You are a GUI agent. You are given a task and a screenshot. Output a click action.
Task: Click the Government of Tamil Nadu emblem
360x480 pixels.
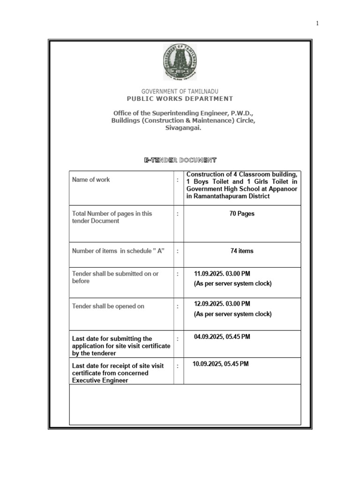click(x=180, y=62)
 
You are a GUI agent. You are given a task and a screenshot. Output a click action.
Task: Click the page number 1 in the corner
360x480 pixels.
click(x=317, y=23)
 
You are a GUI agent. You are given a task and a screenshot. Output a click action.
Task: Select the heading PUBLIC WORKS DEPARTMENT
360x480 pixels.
click(x=180, y=98)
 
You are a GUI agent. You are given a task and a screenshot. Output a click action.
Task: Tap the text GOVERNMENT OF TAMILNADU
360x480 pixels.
click(x=180, y=91)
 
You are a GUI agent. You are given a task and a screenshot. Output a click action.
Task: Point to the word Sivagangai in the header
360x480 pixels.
click(x=183, y=128)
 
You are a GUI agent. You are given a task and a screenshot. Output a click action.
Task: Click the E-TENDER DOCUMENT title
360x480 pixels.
click(x=180, y=160)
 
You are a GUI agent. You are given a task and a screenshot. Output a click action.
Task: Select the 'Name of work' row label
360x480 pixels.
click(x=91, y=180)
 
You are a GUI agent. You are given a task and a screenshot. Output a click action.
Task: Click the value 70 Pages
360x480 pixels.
click(x=242, y=213)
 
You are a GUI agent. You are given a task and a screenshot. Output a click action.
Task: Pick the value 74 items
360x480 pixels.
click(x=242, y=251)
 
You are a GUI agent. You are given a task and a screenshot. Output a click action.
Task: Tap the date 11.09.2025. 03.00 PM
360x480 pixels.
click(x=222, y=274)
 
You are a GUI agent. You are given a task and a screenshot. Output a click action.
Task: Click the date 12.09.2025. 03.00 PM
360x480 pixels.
click(x=222, y=304)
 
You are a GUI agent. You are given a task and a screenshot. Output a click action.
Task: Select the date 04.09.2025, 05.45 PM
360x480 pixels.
click(x=222, y=337)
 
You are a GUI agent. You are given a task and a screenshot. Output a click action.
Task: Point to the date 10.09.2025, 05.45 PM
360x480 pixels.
click(x=221, y=364)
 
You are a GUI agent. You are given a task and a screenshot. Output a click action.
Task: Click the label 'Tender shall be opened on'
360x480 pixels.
click(x=108, y=306)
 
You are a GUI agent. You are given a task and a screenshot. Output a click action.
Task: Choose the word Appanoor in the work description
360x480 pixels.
click(x=283, y=189)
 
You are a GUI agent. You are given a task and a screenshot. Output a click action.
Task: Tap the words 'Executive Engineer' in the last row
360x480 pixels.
click(x=100, y=381)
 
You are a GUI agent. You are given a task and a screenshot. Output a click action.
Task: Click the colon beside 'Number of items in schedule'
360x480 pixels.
click(x=178, y=251)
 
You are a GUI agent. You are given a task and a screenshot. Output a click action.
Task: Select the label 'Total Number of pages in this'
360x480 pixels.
click(x=112, y=213)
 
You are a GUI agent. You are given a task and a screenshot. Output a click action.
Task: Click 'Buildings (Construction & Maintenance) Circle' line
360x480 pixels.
click(x=183, y=121)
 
